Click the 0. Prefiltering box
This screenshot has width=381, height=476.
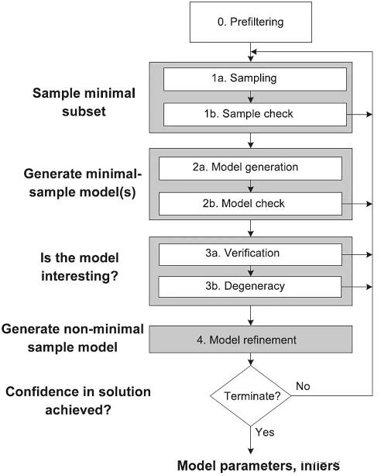tap(251, 22)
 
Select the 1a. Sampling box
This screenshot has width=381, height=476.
tap(255, 79)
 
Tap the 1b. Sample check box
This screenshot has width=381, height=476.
tap(255, 115)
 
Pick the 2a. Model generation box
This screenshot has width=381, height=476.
tap(250, 168)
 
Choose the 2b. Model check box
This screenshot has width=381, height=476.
tap(250, 204)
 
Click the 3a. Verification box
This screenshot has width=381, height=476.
tap(250, 254)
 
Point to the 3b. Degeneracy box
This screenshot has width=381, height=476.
tap(250, 287)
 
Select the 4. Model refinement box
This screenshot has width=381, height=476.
tap(251, 340)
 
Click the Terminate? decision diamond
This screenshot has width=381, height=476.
tap(251, 396)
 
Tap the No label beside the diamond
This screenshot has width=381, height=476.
tap(303, 386)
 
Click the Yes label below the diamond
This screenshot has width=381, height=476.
tap(265, 432)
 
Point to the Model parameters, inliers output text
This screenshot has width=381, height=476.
tap(258, 466)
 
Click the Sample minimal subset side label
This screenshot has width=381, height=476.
tap(84, 102)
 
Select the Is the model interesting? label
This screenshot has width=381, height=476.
tap(80, 267)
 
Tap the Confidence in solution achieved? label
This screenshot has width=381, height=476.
tap(78, 401)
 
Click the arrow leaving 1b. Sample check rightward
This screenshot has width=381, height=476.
tap(359, 115)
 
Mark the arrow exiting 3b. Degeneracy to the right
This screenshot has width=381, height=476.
tap(357, 287)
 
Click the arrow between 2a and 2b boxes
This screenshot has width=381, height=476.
tap(251, 186)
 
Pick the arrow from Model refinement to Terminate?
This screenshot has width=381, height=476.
tap(251, 359)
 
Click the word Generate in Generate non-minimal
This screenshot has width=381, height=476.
tap(31, 329)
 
